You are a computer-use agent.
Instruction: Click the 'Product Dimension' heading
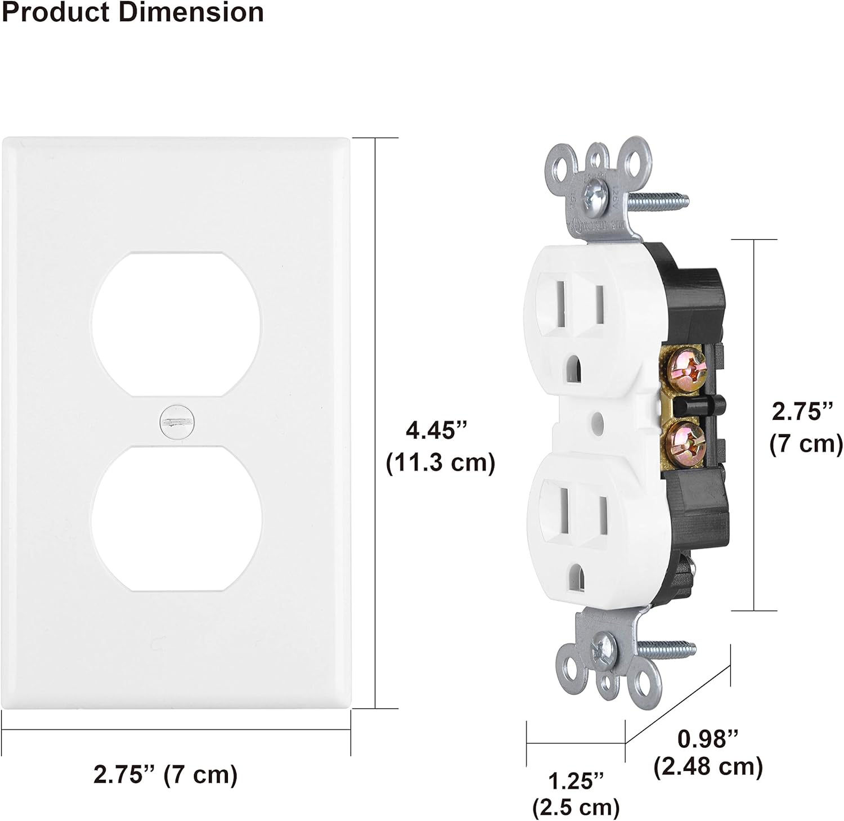tap(133, 12)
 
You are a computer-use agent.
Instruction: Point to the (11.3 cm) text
tap(441, 463)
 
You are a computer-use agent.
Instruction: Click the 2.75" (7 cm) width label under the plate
tap(165, 775)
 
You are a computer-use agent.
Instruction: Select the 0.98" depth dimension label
tap(708, 739)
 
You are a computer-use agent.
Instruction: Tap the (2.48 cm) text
tap(708, 766)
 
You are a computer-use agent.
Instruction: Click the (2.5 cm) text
tap(576, 807)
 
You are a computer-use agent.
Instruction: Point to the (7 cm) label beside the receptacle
tap(806, 445)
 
